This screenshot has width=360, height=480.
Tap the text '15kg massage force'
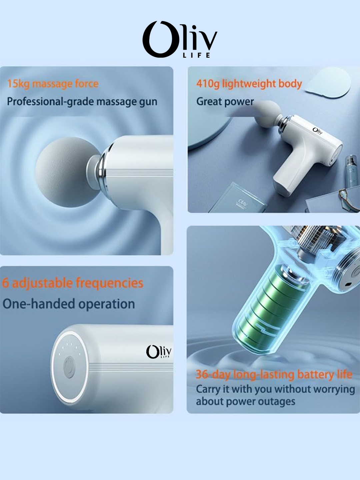(x=53, y=83)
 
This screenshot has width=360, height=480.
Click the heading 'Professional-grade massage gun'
(x=82, y=101)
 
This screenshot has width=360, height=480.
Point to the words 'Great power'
(x=225, y=101)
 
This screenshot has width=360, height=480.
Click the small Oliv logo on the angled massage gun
(x=318, y=131)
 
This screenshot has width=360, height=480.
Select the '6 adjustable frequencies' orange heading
(x=73, y=283)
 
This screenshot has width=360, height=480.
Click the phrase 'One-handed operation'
(x=69, y=304)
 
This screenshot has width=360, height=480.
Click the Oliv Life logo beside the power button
(x=159, y=352)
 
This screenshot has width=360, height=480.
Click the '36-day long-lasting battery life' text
(x=274, y=374)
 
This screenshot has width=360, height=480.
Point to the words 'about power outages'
(x=245, y=401)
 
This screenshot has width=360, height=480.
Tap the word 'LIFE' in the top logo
(x=197, y=55)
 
